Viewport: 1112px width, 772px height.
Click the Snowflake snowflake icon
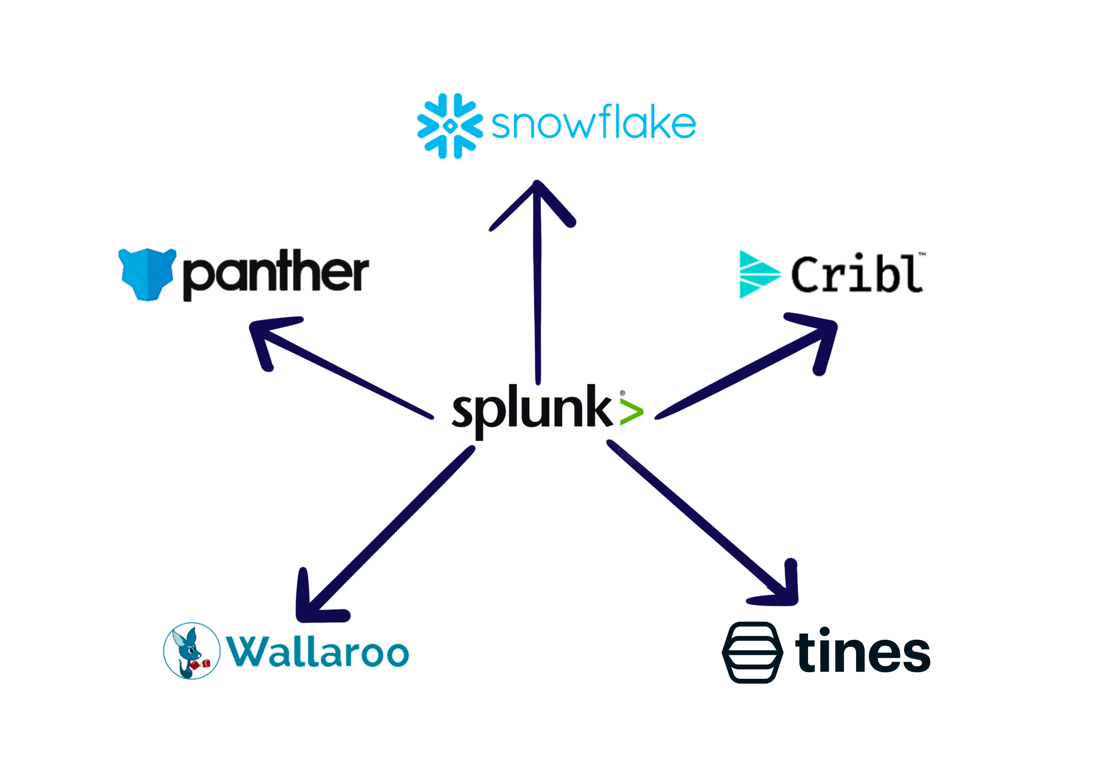pyautogui.click(x=449, y=125)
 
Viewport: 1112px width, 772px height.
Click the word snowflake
pyautogui.click(x=594, y=123)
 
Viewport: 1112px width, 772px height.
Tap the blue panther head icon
pyautogui.click(x=147, y=274)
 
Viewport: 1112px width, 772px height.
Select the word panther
pyautogui.click(x=275, y=273)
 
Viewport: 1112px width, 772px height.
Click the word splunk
pyautogui.click(x=531, y=410)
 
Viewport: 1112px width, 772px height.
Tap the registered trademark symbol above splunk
pyautogui.click(x=622, y=393)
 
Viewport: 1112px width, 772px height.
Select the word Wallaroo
pyautogui.click(x=318, y=652)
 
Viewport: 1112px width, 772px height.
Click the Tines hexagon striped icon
pyautogui.click(x=752, y=651)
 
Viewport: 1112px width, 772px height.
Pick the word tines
pyautogui.click(x=862, y=651)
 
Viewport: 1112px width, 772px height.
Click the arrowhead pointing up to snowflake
pyautogui.click(x=536, y=193)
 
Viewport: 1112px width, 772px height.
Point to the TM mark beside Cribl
pyautogui.click(x=922, y=253)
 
